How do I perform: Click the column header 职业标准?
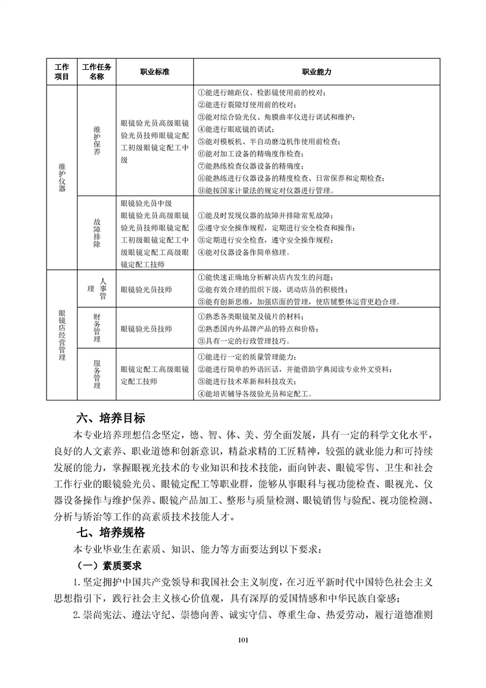point(154,72)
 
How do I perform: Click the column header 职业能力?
point(317,72)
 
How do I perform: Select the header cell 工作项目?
point(61,72)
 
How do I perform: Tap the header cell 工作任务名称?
point(96,72)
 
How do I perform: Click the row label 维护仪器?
point(61,178)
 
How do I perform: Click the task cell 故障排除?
point(96,233)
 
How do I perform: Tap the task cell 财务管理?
point(96,328)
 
